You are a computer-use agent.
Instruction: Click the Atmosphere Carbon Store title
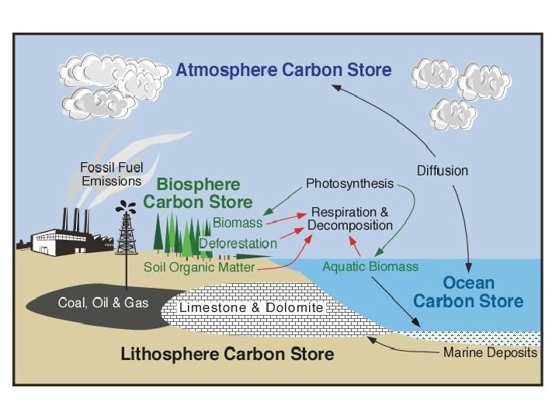point(283,70)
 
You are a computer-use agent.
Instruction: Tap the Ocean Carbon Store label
point(468,292)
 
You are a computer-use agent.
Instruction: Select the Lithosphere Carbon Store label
point(227,355)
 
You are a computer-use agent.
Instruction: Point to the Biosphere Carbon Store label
point(205,193)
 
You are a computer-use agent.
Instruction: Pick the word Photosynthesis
point(349,184)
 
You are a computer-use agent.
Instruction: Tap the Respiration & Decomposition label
point(350,218)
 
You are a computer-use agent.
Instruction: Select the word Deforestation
point(238,243)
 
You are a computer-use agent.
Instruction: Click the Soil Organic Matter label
point(200,267)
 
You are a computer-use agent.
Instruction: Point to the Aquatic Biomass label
point(370,267)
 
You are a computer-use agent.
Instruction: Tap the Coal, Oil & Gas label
point(103,303)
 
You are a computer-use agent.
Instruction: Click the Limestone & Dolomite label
point(251,308)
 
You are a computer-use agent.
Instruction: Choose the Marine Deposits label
point(490,353)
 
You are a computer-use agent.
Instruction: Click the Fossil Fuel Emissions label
point(111,175)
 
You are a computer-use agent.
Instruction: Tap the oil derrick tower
point(126,234)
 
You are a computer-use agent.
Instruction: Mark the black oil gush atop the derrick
point(126,207)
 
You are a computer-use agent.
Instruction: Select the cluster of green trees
point(177,236)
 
